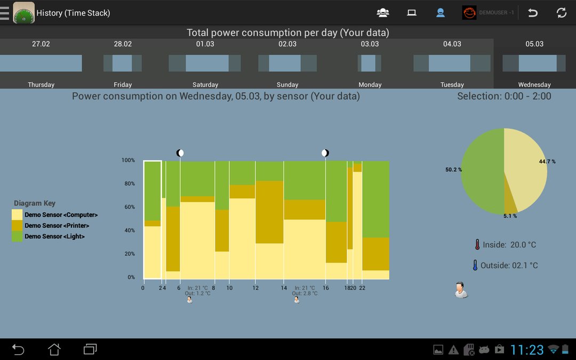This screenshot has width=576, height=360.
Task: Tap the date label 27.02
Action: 41,44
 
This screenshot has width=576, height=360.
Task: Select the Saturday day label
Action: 205,84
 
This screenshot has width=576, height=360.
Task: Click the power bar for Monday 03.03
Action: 369,63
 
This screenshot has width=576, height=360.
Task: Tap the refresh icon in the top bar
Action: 561,13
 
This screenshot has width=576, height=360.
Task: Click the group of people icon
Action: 383,13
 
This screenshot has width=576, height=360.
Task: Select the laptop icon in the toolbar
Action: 411,13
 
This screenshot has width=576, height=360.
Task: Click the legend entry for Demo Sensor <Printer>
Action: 57,226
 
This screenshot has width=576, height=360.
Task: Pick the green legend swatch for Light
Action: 17,236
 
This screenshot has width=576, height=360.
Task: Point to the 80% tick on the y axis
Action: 128,183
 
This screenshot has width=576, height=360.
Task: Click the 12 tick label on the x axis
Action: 255,288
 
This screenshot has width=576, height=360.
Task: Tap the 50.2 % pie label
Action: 454,170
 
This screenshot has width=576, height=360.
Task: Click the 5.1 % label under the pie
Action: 510,216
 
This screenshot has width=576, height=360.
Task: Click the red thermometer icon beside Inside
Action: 477,245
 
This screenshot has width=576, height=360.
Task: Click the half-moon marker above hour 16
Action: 325,153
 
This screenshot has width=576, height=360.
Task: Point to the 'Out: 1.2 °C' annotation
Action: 198,293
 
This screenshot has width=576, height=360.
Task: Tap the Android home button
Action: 54,349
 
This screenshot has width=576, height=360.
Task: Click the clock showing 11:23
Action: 527,349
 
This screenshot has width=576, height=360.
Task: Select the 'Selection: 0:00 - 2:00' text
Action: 504,96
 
